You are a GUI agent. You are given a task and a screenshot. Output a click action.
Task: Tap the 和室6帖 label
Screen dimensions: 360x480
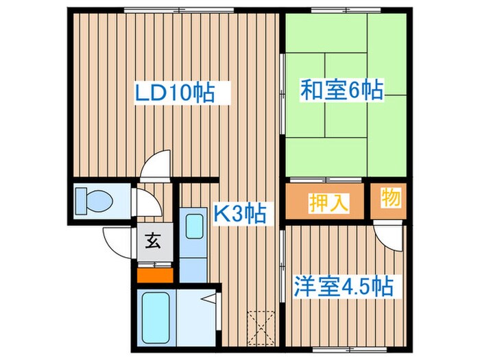(341, 90)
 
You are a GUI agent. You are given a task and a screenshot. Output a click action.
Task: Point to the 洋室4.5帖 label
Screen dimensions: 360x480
(345, 285)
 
